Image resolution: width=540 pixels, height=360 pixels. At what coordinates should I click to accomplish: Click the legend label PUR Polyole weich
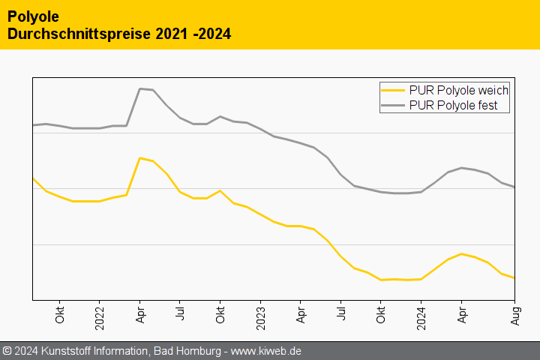[x=459, y=90]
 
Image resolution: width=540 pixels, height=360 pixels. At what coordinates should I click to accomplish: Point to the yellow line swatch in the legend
[x=394, y=90]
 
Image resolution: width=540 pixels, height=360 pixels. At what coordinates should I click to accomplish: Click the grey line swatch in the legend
[x=394, y=106]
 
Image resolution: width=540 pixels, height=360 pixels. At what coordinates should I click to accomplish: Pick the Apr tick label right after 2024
[x=461, y=313]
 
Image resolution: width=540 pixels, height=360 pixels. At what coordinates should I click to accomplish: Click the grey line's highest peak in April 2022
[x=140, y=88]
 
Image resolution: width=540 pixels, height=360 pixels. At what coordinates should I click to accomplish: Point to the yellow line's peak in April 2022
[x=140, y=157]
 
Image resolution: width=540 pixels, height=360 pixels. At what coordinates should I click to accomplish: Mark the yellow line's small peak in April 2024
[x=461, y=253]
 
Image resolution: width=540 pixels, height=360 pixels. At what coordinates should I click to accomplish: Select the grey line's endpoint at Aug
[x=514, y=187]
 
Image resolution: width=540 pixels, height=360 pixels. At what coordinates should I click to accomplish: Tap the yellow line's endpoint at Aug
[x=514, y=278]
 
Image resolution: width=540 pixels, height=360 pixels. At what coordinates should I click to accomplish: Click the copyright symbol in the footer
[x=7, y=351]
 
